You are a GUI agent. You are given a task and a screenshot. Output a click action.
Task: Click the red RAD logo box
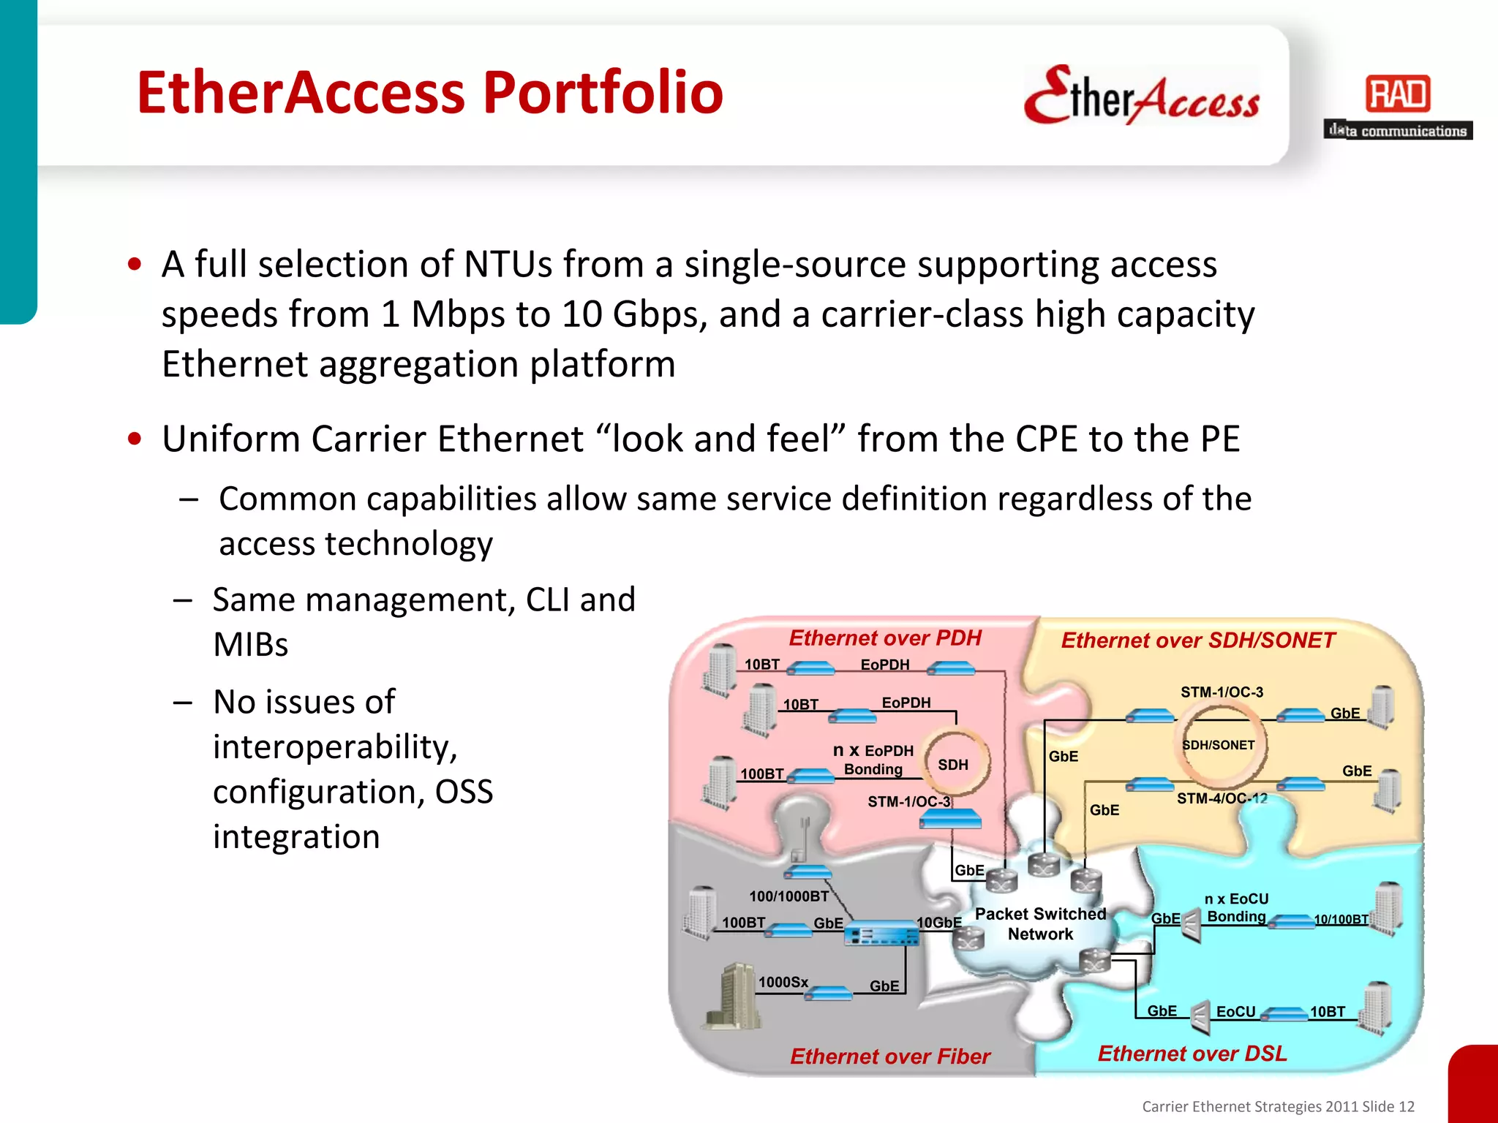[1398, 94]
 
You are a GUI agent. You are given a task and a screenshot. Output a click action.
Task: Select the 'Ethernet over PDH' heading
[884, 638]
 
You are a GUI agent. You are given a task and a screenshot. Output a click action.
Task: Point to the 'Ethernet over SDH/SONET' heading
[1197, 641]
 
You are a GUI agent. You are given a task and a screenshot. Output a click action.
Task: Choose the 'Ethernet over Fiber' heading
[889, 1056]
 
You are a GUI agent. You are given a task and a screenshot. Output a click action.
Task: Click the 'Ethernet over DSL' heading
[1192, 1054]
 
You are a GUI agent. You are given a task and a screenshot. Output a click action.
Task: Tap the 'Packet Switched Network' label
[1040, 924]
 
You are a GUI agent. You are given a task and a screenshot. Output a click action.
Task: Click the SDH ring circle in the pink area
[955, 763]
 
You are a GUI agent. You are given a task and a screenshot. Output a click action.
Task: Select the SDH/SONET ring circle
[1219, 746]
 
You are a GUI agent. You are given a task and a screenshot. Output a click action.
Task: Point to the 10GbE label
[939, 923]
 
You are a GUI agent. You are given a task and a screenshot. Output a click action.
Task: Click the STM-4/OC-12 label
[1222, 799]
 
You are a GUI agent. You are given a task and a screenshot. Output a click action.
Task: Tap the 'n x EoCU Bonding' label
[1236, 907]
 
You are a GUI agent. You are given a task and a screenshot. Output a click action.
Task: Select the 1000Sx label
[783, 982]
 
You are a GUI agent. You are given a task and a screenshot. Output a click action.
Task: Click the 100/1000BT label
[788, 896]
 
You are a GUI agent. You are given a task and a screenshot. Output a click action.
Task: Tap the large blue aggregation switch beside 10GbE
[881, 934]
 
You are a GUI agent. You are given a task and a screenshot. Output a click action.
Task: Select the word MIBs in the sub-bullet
[250, 645]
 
